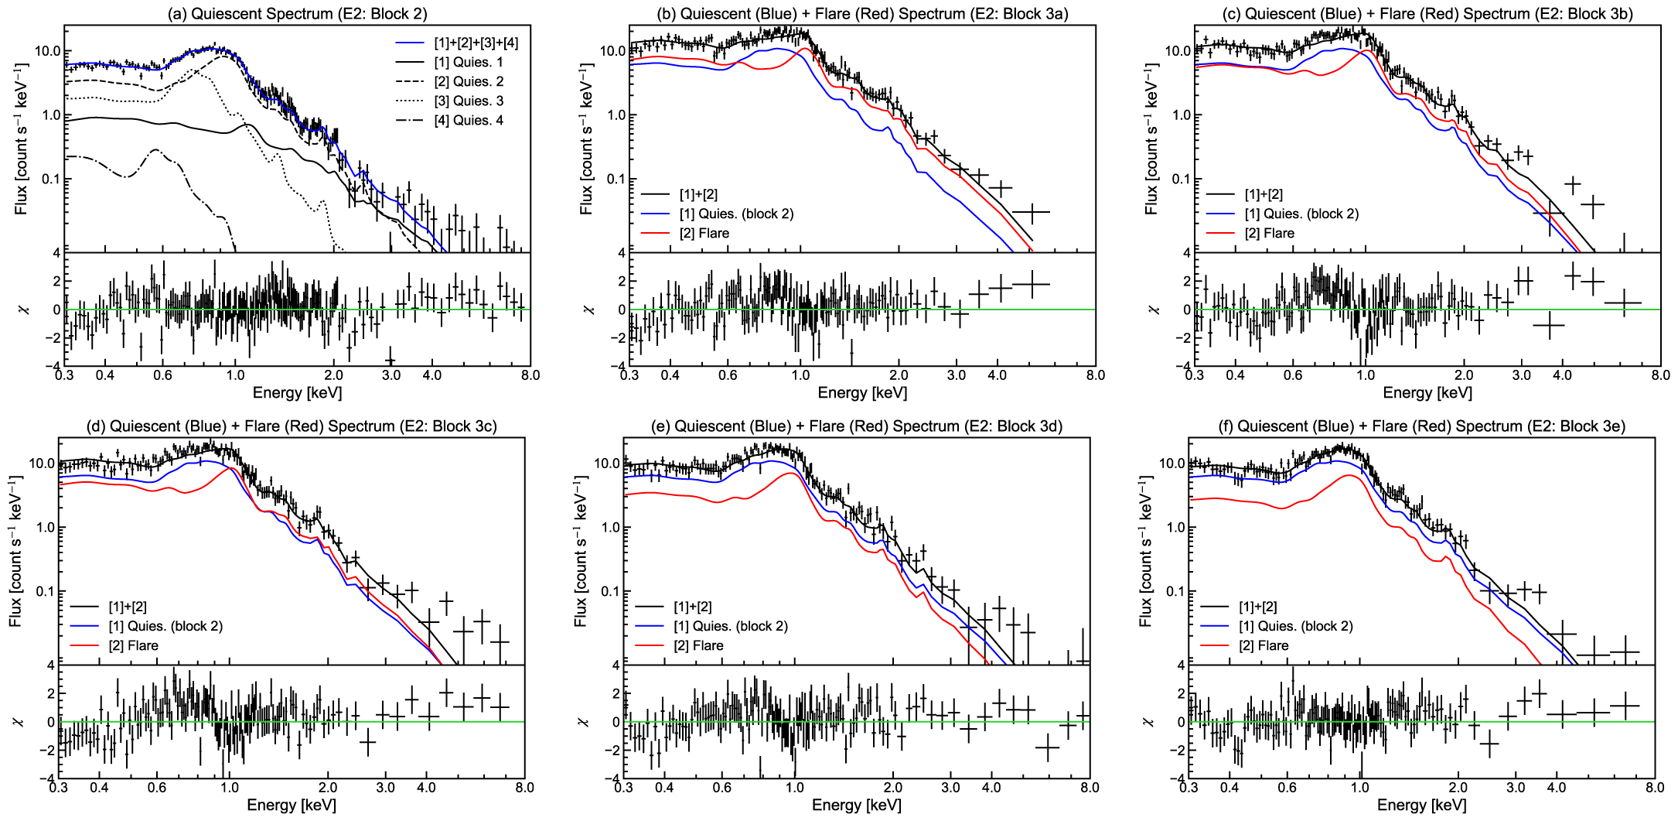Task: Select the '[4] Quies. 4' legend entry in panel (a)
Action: point(468,121)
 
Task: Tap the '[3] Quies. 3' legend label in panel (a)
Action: point(468,101)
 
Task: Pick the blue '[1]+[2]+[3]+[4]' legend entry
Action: point(476,43)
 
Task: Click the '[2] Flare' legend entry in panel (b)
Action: point(704,234)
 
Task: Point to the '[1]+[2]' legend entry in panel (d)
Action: point(127,607)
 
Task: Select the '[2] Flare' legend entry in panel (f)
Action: point(1264,646)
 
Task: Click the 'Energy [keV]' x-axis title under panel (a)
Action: point(297,393)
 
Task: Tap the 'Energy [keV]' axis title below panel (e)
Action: point(856,806)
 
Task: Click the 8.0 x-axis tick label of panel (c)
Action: point(1660,376)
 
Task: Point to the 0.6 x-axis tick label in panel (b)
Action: point(728,376)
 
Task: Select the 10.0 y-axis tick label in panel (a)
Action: point(47,52)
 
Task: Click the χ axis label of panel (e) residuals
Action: point(583,721)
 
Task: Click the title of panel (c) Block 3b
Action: point(1427,13)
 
